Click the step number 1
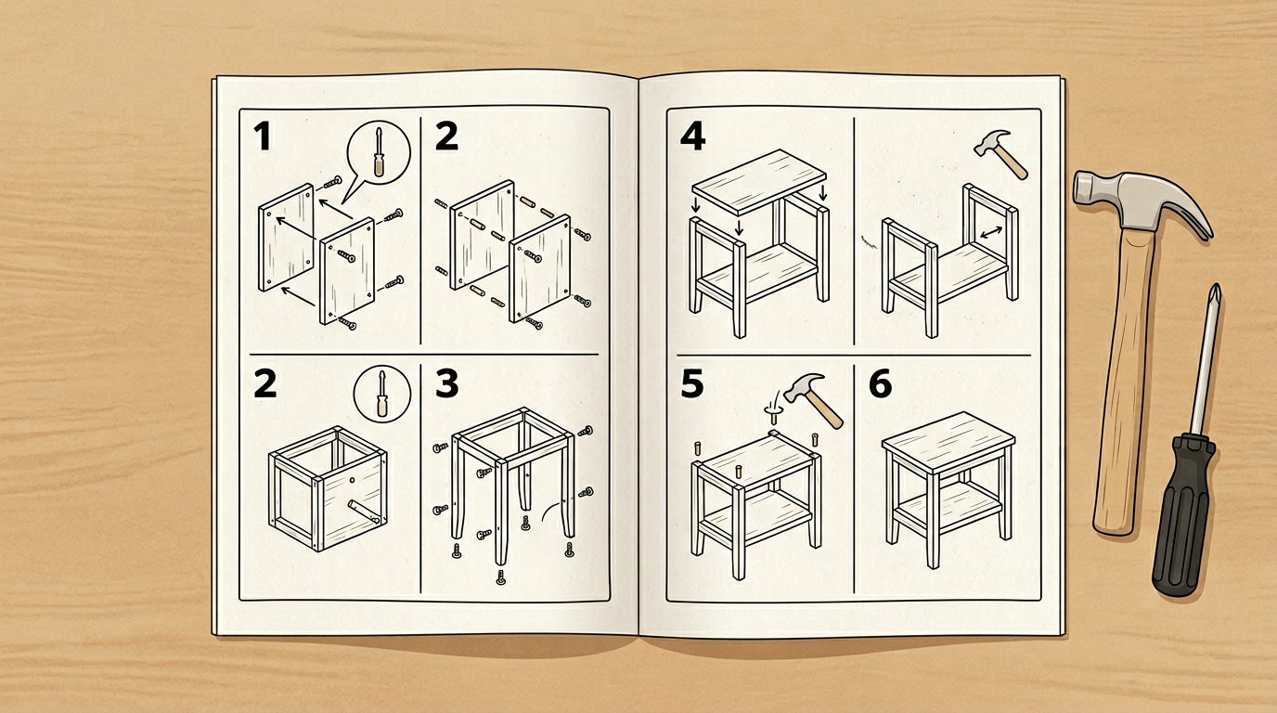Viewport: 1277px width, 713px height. (263, 136)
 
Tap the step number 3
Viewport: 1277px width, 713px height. (447, 383)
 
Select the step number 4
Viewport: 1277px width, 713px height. (692, 136)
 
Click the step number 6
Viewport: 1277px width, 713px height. (880, 383)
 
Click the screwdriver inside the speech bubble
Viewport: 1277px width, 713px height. (379, 152)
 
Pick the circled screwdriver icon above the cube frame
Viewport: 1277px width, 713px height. (382, 395)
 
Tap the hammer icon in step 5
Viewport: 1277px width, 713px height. (813, 400)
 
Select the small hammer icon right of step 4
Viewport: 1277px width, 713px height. (1000, 154)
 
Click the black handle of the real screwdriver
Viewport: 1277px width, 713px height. (1183, 513)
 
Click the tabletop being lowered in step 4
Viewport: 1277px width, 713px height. (760, 181)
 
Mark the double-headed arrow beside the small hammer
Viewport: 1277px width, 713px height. (991, 232)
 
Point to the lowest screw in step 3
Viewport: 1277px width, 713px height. (501, 577)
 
